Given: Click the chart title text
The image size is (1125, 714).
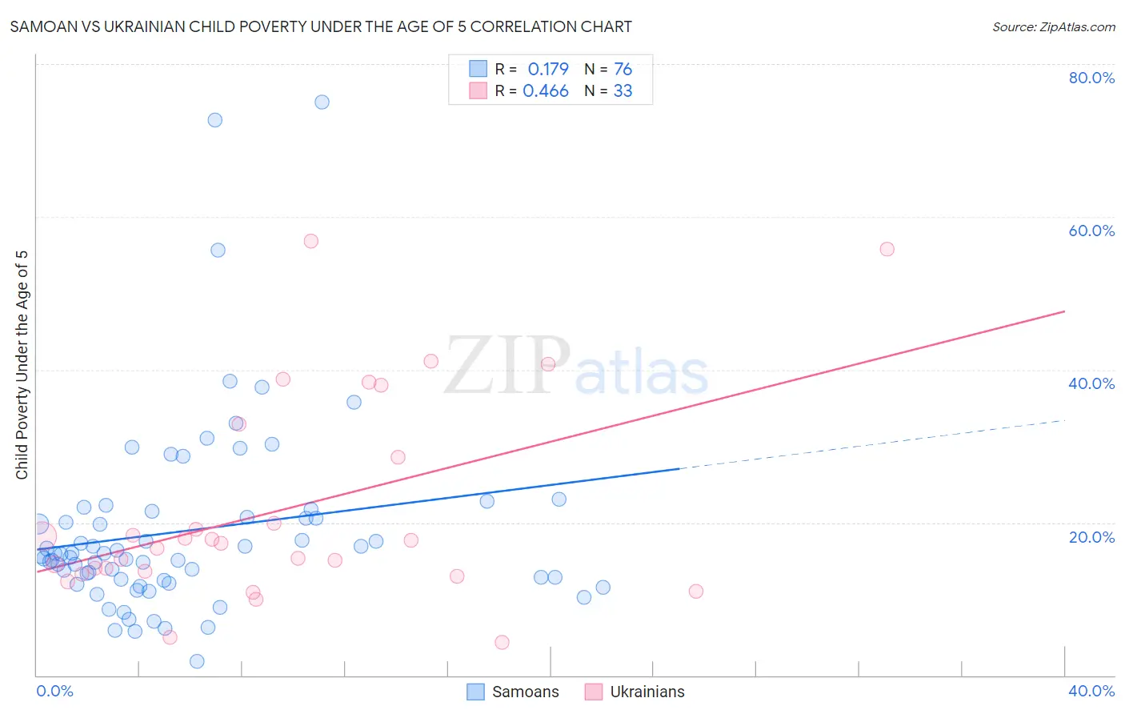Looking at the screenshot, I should click(321, 26).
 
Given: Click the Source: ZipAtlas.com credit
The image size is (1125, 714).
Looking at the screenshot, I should click(1053, 26).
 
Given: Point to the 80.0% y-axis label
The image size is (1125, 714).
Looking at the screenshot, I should click(1091, 78).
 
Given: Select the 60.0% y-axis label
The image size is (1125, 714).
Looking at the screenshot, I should click(1091, 231).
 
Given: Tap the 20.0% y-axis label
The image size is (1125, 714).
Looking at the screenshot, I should click(1091, 537).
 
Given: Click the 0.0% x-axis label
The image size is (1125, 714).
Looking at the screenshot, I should click(54, 691).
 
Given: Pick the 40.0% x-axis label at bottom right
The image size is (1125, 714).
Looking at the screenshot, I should click(1091, 691).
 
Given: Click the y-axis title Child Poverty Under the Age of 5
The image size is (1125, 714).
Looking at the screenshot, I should click(22, 365).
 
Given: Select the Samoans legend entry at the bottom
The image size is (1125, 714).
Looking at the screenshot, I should click(513, 692).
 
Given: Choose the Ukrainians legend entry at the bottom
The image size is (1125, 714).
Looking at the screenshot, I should click(635, 692).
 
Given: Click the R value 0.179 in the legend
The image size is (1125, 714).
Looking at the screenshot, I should click(548, 69).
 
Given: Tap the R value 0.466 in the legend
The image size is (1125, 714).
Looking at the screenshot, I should click(546, 90).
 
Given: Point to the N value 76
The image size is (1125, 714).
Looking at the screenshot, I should click(623, 69).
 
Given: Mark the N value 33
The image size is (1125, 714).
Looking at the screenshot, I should click(623, 90).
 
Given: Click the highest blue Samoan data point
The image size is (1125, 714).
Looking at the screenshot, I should click(322, 102).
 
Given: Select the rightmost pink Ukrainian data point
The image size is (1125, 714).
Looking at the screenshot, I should click(887, 249).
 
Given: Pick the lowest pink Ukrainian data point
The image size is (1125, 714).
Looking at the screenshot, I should click(502, 642).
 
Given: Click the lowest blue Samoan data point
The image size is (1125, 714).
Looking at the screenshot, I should click(197, 661).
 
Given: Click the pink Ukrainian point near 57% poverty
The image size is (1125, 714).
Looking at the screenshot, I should click(311, 241).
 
